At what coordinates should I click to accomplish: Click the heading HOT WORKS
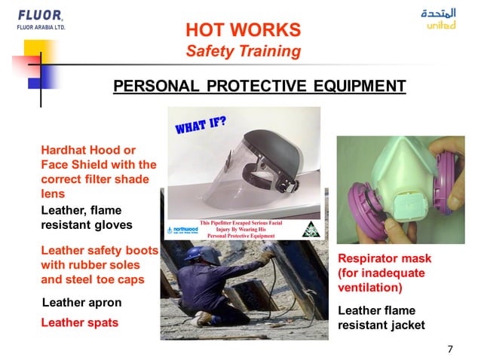(x=243, y=30)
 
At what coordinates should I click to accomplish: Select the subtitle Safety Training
(x=243, y=51)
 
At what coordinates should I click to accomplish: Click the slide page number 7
(x=450, y=348)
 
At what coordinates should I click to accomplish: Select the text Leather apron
(x=81, y=303)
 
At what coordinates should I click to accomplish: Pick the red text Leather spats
(x=79, y=322)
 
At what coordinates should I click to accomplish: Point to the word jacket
(x=408, y=325)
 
